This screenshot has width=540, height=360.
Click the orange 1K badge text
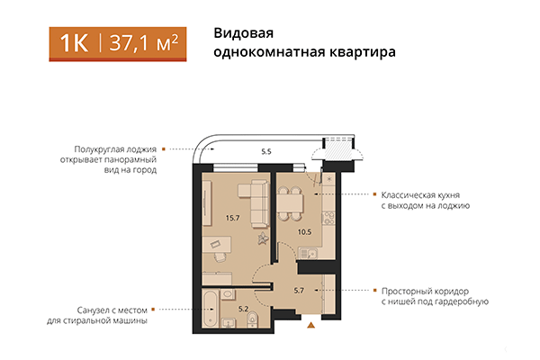click(x=75, y=43)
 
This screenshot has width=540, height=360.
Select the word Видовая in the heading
click(x=241, y=32)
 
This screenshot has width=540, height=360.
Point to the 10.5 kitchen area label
click(x=304, y=231)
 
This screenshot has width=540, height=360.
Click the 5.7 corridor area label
click(x=301, y=290)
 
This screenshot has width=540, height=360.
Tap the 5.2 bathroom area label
click(x=242, y=309)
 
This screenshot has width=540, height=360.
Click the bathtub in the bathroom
click(x=210, y=310)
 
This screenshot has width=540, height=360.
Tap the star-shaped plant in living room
click(x=263, y=238)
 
